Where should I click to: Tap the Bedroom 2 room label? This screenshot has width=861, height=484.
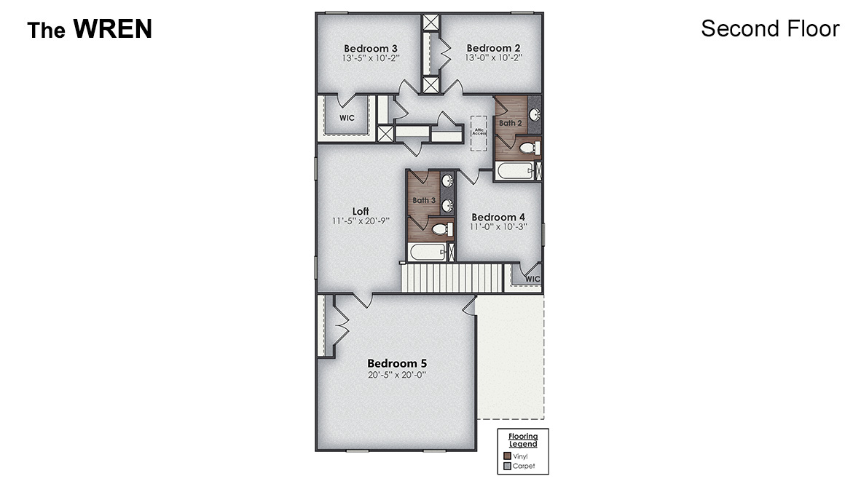point(493,48)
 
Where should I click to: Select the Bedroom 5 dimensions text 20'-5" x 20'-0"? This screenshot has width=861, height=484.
point(396,376)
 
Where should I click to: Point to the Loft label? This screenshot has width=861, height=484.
point(361,211)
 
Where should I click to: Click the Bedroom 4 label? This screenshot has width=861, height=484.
point(498,217)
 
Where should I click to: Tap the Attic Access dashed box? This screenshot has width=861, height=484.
point(479,132)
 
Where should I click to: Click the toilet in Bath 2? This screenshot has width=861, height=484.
point(528,148)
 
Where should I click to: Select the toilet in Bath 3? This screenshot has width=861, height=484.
point(440,230)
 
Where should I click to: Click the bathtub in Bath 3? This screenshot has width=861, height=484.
point(425,253)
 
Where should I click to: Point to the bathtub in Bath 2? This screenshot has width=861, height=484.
point(514,172)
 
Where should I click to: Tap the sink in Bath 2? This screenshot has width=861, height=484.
point(533,115)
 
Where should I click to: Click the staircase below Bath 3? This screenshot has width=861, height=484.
point(452,278)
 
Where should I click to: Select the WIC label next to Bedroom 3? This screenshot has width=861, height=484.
point(347,118)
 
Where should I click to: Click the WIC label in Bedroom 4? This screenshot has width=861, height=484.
point(532,279)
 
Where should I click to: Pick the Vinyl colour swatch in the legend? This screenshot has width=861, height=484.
point(508,456)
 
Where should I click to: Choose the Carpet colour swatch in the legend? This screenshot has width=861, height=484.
point(508,467)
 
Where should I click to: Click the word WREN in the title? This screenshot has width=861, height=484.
point(112,29)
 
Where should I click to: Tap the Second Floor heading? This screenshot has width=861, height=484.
point(770,28)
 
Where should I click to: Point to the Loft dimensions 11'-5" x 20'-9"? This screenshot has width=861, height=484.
point(361,221)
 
